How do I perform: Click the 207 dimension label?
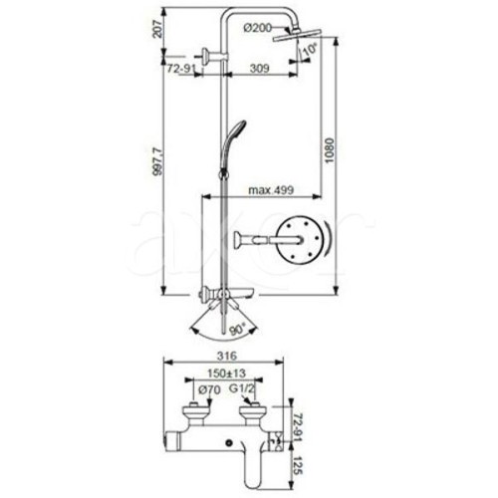click(157, 29)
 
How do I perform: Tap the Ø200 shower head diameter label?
click(258, 28)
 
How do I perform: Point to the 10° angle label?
click(310, 49)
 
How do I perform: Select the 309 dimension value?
click(259, 69)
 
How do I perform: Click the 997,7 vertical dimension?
click(157, 165)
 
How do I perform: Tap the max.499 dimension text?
click(271, 190)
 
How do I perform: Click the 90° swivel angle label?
click(237, 329)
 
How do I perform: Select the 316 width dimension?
click(227, 356)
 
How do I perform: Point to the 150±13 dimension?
click(227, 373)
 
